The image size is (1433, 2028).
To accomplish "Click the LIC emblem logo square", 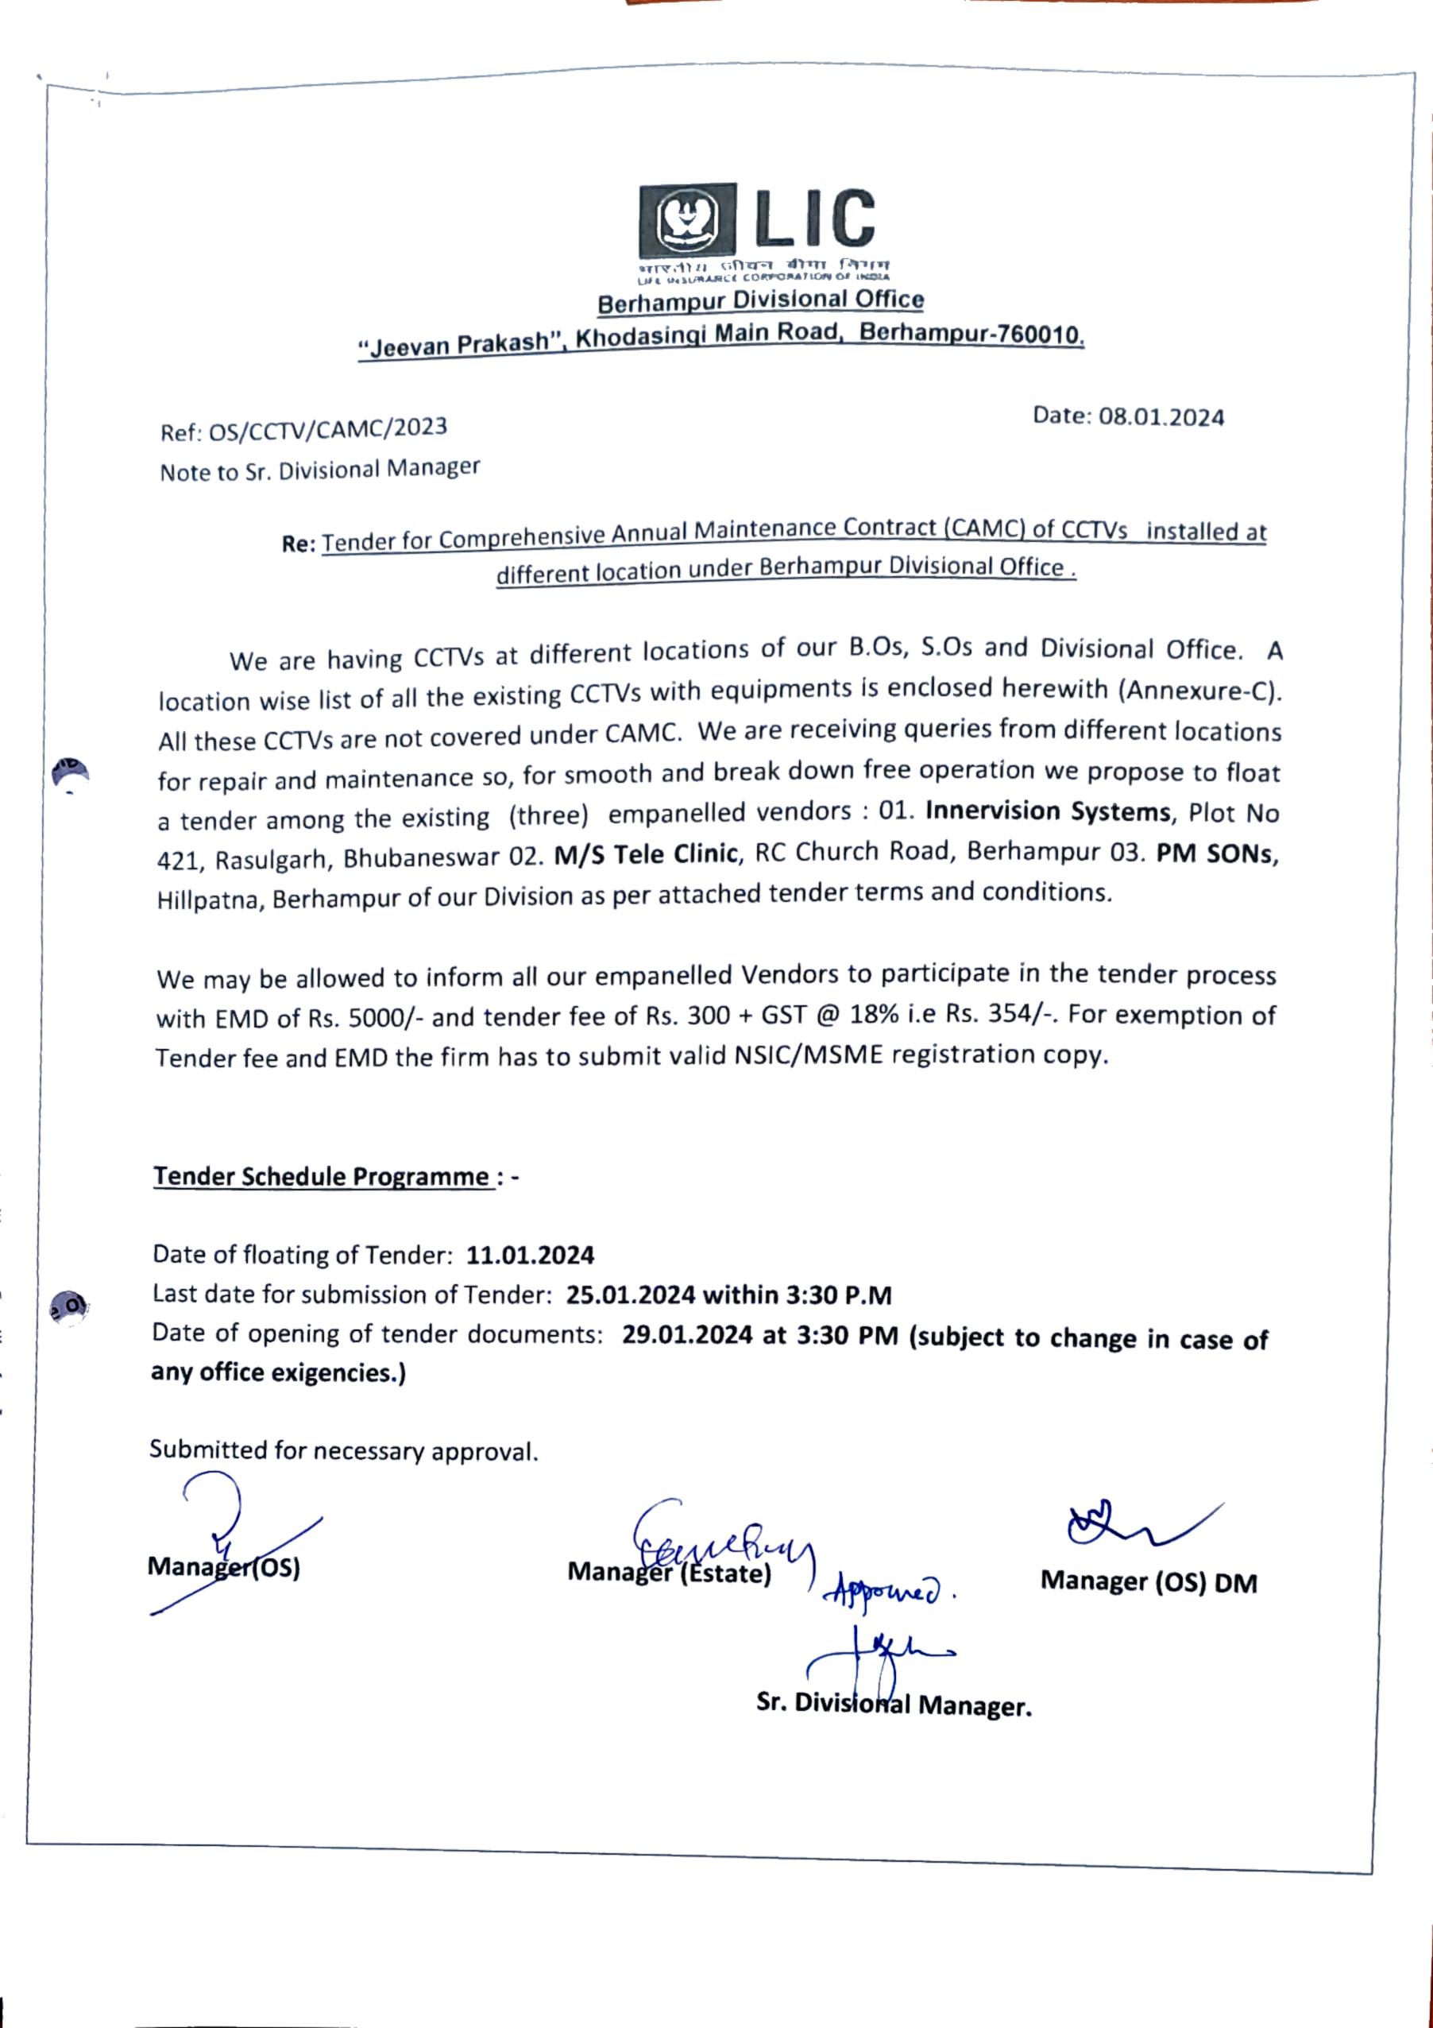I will click(688, 220).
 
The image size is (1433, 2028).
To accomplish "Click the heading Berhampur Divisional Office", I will click(760, 301).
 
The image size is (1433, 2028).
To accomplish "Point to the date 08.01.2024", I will click(1161, 417).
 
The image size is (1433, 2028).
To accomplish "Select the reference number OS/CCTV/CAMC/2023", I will click(327, 429).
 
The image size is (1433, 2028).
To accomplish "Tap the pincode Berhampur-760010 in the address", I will click(971, 333).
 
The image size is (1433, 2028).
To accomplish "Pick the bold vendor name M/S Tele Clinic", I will click(646, 853).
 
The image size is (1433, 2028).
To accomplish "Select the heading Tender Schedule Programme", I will click(323, 1177).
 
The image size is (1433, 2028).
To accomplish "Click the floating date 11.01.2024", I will click(530, 1254).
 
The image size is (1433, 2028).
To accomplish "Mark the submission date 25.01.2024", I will click(628, 1295).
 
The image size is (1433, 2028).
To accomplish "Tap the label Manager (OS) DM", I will click(1148, 1581).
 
